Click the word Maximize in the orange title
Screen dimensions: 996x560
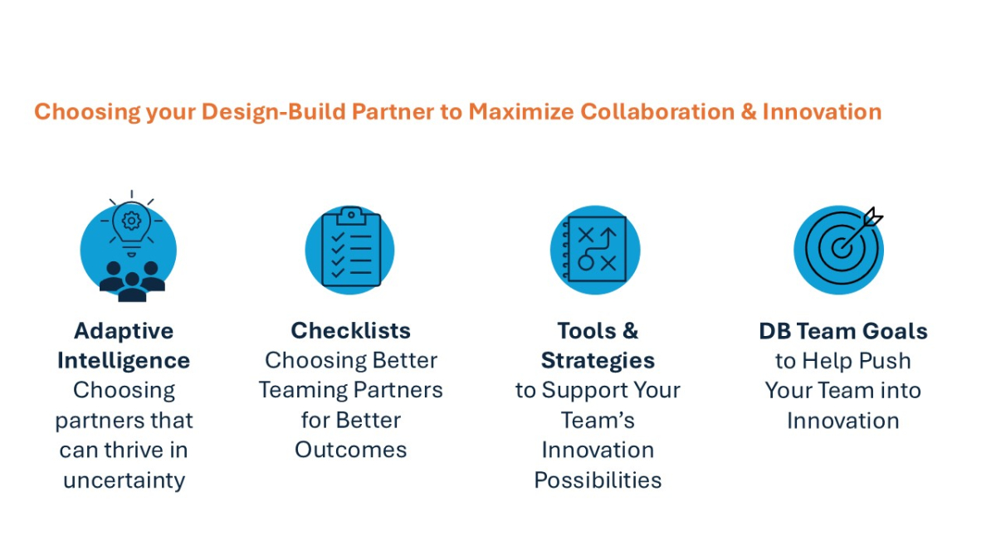[x=521, y=111]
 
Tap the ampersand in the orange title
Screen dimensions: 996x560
[x=749, y=111]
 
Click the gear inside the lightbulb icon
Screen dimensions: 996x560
[x=131, y=221]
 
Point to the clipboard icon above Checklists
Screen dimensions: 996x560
[x=351, y=247]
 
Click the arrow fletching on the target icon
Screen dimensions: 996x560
[x=873, y=217]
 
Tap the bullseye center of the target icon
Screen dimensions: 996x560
[x=842, y=248]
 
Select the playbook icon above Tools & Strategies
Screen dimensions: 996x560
[x=595, y=249]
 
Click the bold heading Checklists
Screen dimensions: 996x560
[x=351, y=331]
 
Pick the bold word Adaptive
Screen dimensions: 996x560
[x=124, y=332]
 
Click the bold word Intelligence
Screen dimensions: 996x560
[x=124, y=361]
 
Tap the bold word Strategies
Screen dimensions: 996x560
[x=598, y=361]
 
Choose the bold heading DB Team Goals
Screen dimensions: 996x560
[x=843, y=332]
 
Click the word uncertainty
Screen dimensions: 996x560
[x=124, y=480]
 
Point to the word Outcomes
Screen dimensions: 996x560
[x=351, y=450]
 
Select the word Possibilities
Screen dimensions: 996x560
[x=598, y=480]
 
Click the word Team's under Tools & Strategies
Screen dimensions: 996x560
[x=598, y=421]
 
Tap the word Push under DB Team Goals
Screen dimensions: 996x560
[x=885, y=361]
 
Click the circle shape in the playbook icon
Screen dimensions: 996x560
[x=586, y=263]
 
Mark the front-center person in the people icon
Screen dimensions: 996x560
[x=132, y=288]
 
